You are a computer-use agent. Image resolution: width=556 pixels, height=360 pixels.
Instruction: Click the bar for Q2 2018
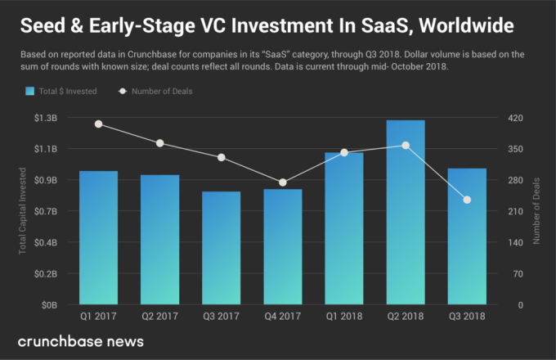pyautogui.click(x=406, y=212)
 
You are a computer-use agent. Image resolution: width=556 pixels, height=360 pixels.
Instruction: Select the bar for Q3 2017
pyautogui.click(x=222, y=248)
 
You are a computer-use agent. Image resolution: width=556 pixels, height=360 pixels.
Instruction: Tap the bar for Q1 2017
pyautogui.click(x=99, y=237)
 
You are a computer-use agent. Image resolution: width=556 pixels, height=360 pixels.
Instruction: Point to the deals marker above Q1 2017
pyautogui.click(x=99, y=124)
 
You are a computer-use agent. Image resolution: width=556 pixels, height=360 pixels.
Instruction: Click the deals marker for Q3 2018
pyautogui.click(x=467, y=200)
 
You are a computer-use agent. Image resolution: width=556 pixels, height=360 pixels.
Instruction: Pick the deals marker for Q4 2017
pyautogui.click(x=283, y=182)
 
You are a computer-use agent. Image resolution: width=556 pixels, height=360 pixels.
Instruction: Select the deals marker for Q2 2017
pyautogui.click(x=160, y=143)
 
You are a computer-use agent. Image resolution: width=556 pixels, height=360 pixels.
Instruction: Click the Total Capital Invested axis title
pyautogui.click(x=23, y=211)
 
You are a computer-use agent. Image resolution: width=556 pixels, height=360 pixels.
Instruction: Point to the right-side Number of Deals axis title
pyautogui.click(x=537, y=211)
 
